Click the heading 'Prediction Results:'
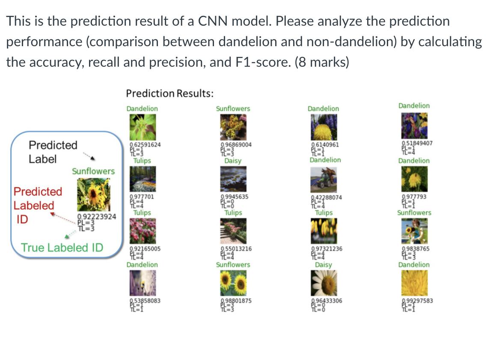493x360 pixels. pyautogui.click(x=170, y=93)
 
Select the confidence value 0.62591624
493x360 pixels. pyautogui.click(x=145, y=145)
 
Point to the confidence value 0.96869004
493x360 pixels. pyautogui.click(x=235, y=145)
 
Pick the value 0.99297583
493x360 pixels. pyautogui.click(x=417, y=301)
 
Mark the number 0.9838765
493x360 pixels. pyautogui.click(x=416, y=248)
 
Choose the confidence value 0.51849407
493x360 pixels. pyautogui.click(x=417, y=144)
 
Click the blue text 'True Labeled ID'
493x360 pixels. pyautogui.click(x=62, y=248)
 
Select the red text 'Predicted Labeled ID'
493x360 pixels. pyautogui.click(x=38, y=205)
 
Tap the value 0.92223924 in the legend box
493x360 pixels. pyautogui.click(x=96, y=217)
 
